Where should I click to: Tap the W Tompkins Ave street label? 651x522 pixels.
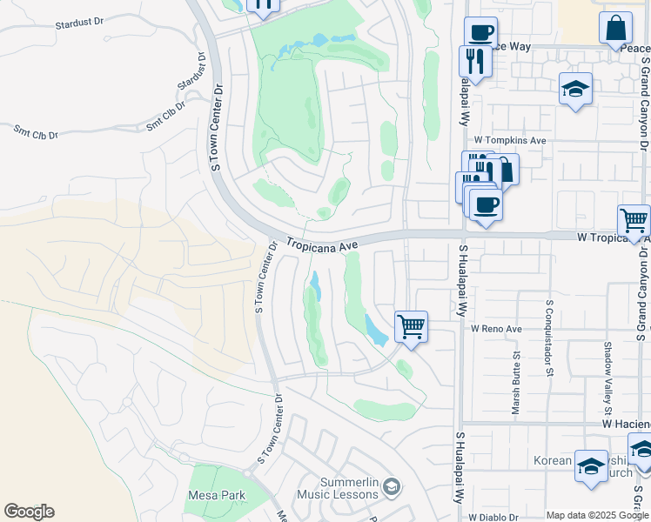[x=509, y=140]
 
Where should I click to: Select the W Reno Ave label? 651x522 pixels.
[x=496, y=330]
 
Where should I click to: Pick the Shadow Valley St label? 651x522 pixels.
[x=608, y=365]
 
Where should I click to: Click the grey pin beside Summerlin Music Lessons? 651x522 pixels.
[x=392, y=486]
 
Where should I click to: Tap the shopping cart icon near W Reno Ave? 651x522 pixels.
[x=411, y=327]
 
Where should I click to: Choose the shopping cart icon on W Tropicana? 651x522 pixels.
[x=634, y=221]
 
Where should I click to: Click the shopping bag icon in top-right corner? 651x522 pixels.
[x=615, y=27]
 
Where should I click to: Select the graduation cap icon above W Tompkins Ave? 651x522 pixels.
[x=575, y=88]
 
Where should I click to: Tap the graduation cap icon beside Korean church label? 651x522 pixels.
[x=591, y=466]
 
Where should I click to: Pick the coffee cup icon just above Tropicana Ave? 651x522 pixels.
[x=486, y=204]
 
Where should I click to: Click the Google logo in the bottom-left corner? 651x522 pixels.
[x=30, y=512]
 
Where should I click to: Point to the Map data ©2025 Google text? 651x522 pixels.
[x=596, y=515]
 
